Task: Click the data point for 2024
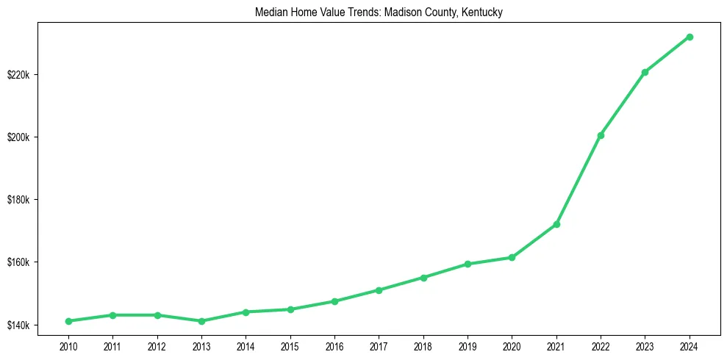click(690, 37)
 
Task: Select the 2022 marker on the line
click(601, 135)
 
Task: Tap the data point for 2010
click(68, 321)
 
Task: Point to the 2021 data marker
click(556, 224)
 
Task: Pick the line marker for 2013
click(201, 321)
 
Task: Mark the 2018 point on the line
click(423, 278)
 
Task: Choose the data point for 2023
click(645, 72)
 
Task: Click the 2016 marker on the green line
click(334, 301)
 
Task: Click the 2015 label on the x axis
click(290, 345)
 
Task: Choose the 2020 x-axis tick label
click(512, 345)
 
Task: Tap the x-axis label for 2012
click(157, 345)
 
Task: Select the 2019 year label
click(468, 345)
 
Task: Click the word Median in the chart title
click(268, 12)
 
